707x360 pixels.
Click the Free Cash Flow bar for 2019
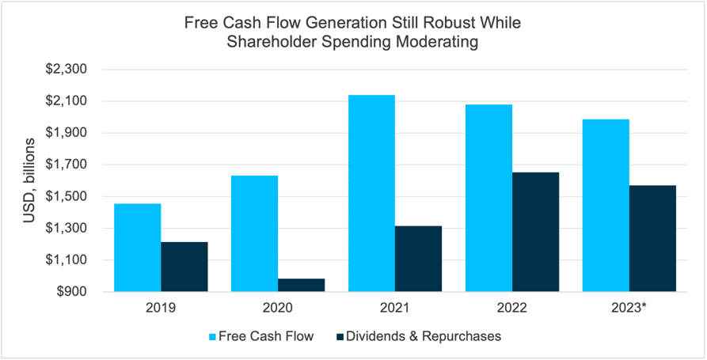(x=137, y=248)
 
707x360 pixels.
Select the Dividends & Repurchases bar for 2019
(x=184, y=267)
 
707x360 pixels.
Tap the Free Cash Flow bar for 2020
(x=254, y=233)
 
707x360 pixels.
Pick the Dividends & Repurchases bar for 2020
(x=301, y=285)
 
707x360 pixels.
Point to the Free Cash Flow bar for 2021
(x=371, y=193)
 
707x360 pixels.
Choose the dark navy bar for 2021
(x=418, y=259)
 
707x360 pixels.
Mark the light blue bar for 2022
(x=488, y=198)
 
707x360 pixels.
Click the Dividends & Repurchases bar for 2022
(x=535, y=232)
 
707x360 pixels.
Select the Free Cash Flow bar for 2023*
(x=606, y=206)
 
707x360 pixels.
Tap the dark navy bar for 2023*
(x=652, y=238)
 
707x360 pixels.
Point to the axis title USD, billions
(x=29, y=180)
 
